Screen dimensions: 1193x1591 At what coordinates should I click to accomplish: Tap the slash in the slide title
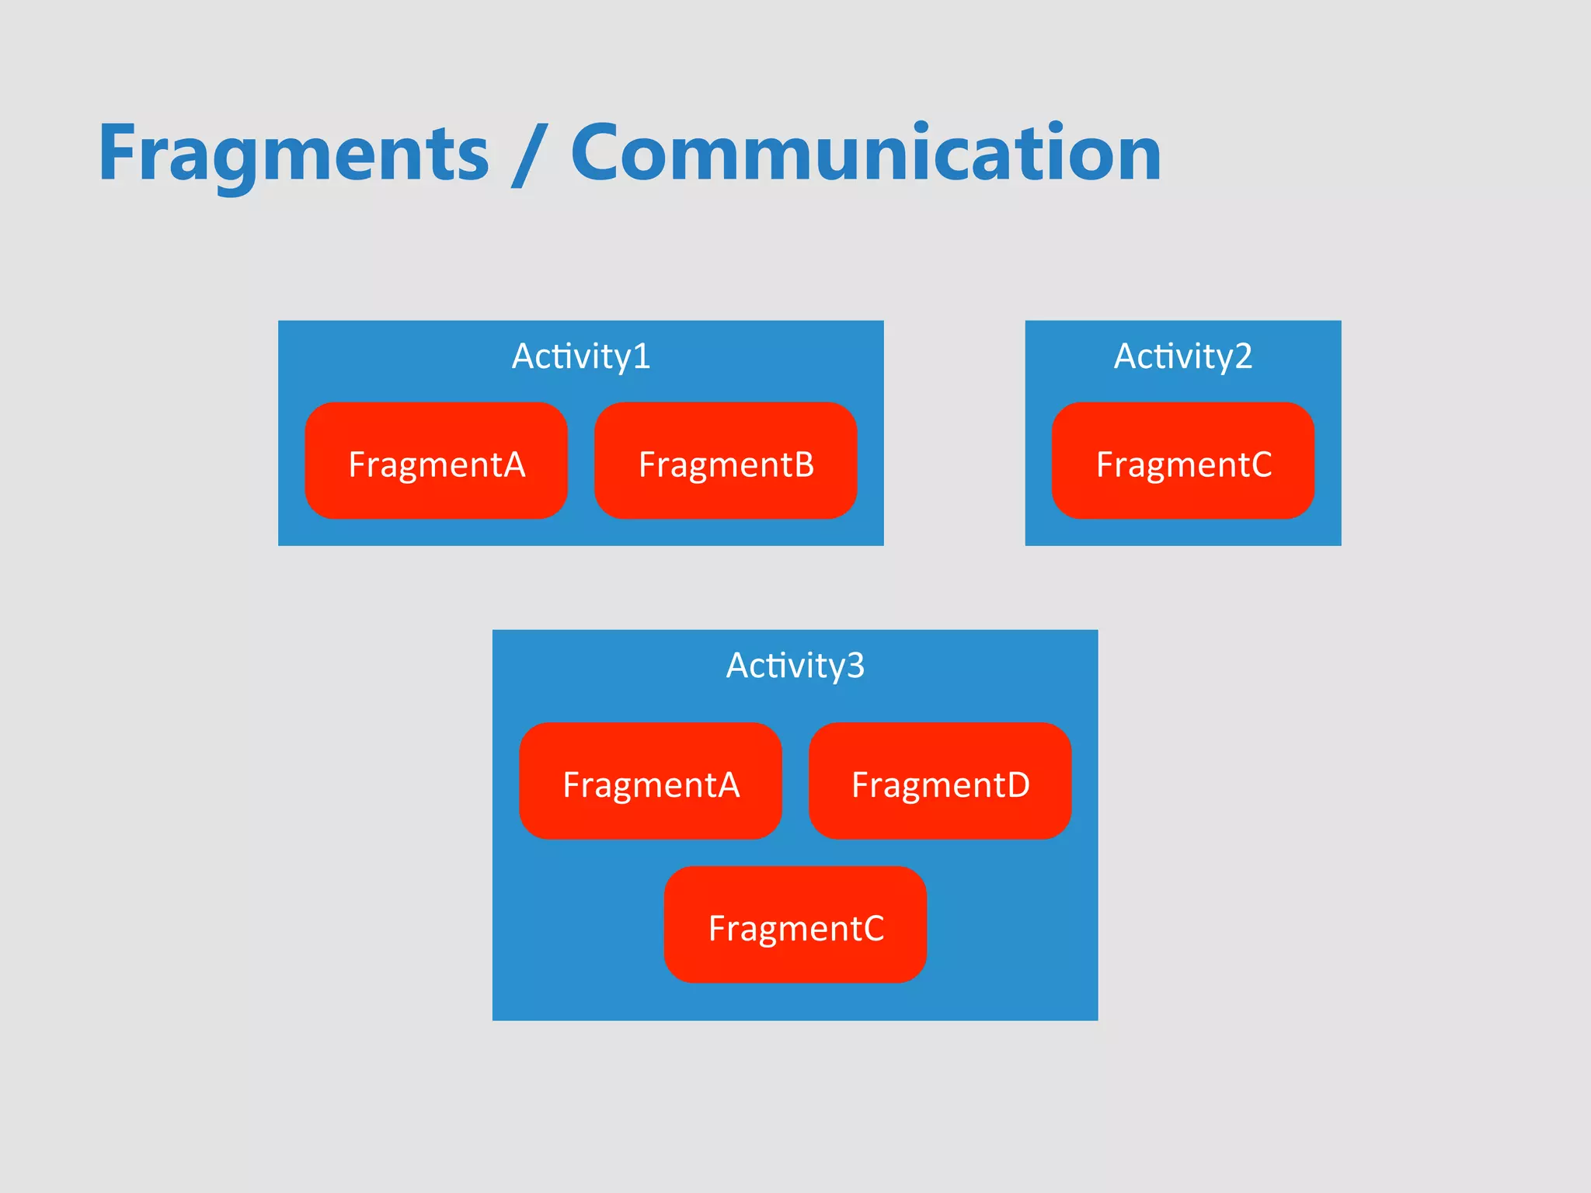click(530, 155)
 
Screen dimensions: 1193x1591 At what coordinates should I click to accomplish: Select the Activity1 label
click(581, 357)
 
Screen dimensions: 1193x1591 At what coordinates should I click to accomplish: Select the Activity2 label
click(1182, 357)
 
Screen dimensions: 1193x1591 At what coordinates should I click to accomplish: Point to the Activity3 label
click(795, 666)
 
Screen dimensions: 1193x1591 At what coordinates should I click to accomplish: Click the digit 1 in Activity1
click(642, 357)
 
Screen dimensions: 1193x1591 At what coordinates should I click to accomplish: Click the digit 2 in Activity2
click(1243, 357)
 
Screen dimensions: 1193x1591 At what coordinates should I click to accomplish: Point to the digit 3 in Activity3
click(855, 666)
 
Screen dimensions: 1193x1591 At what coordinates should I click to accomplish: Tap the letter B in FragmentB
click(803, 464)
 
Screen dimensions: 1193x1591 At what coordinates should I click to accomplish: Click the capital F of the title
click(122, 154)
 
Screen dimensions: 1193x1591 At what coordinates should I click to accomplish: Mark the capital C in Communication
click(599, 154)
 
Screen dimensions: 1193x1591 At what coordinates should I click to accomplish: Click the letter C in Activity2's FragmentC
click(1260, 464)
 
